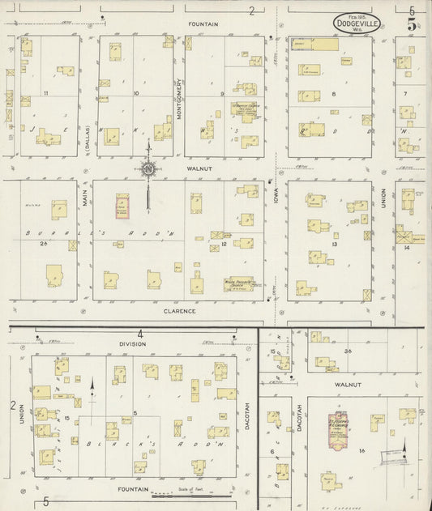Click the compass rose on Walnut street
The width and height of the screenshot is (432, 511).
click(148, 168)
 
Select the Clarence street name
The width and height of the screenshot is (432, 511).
click(179, 310)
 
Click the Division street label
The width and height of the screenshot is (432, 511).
click(132, 343)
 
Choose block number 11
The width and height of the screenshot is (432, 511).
click(47, 94)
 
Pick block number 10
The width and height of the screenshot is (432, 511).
click(135, 94)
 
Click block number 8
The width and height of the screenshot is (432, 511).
click(332, 94)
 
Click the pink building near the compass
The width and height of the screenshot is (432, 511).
click(122, 206)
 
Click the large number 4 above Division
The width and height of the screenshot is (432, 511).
click(140, 334)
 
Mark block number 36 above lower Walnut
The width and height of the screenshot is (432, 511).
click(348, 351)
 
